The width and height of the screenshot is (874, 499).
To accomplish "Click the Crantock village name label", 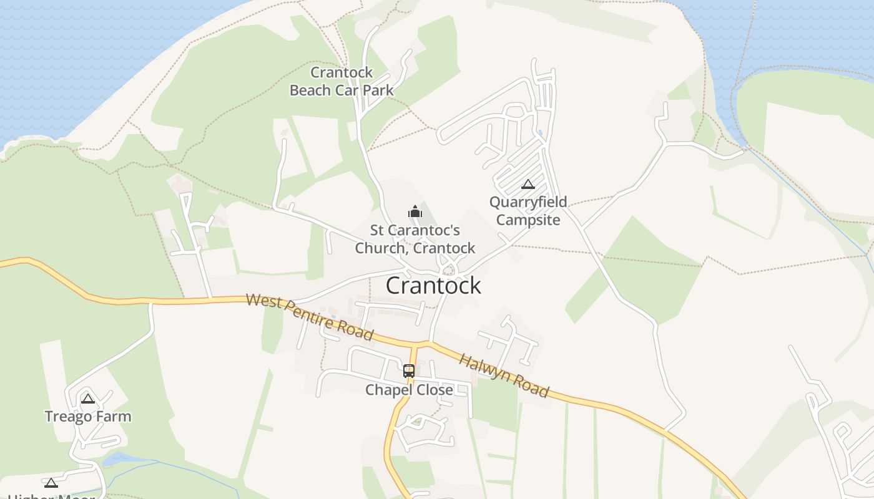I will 433,286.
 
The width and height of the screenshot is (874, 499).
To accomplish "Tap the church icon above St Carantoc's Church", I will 415,212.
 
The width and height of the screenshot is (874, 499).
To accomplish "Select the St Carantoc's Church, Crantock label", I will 415,240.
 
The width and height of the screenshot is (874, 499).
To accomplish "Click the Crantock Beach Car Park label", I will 341,82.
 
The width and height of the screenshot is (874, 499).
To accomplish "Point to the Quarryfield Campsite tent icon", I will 528,184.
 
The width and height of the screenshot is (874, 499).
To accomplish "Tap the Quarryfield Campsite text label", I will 528,211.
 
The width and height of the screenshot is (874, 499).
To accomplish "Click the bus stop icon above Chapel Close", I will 409,371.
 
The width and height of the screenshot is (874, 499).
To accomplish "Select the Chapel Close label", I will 409,390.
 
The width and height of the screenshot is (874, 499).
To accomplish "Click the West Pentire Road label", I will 310,317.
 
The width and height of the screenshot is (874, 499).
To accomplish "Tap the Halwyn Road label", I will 504,375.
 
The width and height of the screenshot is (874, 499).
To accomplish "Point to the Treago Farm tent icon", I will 88,399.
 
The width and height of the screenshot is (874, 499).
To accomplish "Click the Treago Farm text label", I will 88,417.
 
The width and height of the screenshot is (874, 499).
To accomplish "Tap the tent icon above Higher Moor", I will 51,483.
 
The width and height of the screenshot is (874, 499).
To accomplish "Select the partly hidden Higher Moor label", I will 51,497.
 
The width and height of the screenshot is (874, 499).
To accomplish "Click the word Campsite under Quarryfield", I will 528,220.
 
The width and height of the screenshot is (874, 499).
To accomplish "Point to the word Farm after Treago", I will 116,417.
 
